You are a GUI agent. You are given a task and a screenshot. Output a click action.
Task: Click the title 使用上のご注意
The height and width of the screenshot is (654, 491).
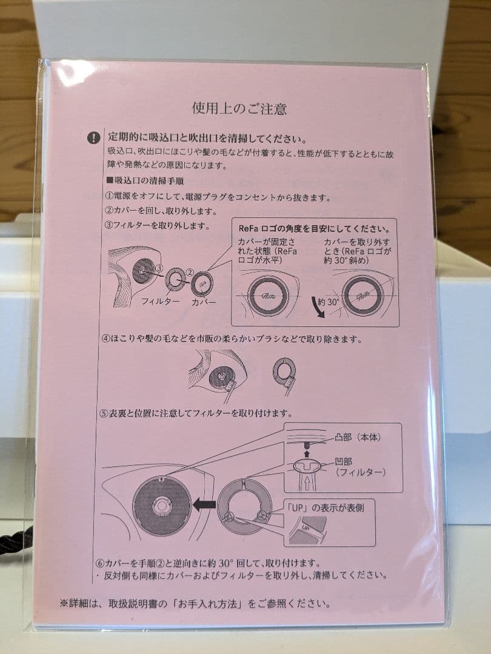click(239, 109)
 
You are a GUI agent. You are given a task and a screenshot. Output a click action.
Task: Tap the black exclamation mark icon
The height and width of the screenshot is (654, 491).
click(93, 137)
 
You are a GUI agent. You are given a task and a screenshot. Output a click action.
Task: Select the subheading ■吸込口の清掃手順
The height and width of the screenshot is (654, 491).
click(145, 180)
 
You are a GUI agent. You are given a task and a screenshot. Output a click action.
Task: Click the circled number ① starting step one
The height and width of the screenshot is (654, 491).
click(110, 197)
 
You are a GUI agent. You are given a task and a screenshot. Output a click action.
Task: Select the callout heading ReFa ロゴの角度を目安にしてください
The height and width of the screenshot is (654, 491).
click(314, 229)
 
